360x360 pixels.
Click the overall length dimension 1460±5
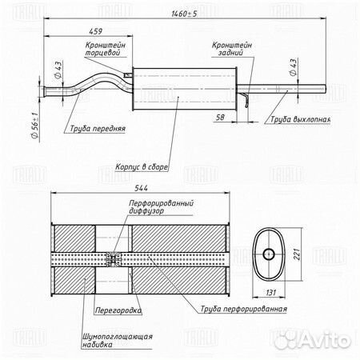click(184, 14)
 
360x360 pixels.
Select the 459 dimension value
click(95, 31)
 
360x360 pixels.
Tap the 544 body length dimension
click(141, 188)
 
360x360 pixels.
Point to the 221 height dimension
click(297, 254)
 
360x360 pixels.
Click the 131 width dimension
click(270, 293)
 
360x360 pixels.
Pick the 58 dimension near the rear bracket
click(220, 117)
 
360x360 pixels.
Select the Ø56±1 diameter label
click(35, 126)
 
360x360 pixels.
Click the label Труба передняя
click(98, 129)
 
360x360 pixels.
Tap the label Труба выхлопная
click(301, 119)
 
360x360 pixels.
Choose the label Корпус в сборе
click(142, 167)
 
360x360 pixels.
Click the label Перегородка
click(118, 310)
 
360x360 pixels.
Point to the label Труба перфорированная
click(244, 309)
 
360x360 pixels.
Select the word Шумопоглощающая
click(118, 336)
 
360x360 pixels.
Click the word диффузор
click(146, 210)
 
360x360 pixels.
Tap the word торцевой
click(102, 53)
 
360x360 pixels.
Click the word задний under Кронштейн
click(231, 53)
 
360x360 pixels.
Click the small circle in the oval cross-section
click(269, 254)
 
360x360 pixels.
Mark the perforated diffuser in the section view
click(114, 258)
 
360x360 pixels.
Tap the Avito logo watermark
click(313, 340)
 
